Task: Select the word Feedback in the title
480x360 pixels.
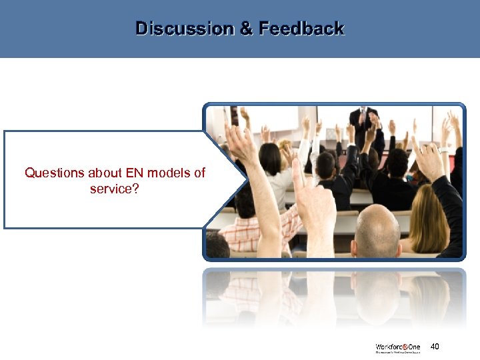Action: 301,29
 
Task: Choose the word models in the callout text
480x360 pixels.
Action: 169,173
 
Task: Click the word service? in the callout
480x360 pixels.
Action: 115,189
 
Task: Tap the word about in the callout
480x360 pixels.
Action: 101,173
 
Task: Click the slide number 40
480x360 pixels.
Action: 435,347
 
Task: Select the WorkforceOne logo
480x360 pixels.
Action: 397,348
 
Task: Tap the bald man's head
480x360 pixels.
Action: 377,230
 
